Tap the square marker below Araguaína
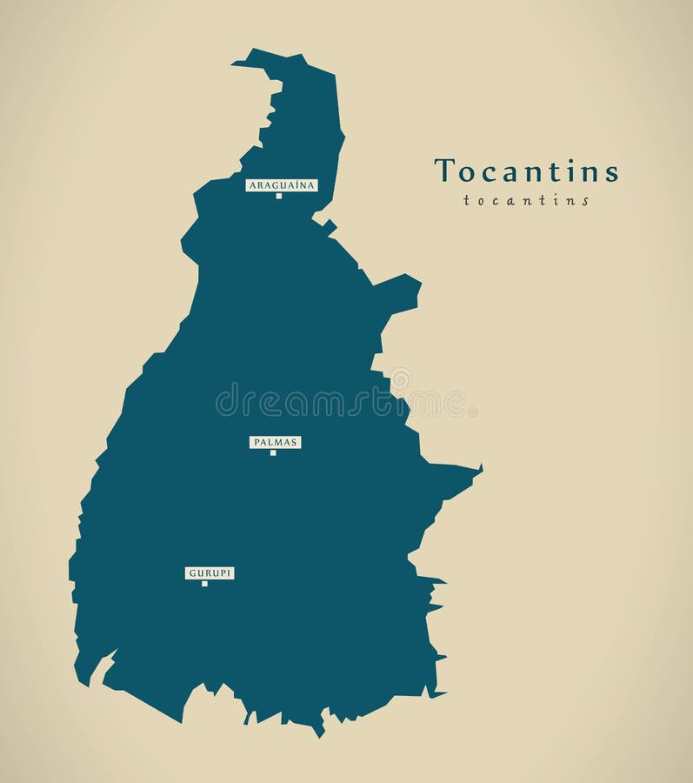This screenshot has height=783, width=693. tap(279, 196)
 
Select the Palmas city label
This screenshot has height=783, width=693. tap(276, 442)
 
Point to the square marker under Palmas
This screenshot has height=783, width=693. tap(273, 452)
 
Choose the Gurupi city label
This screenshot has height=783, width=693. tap(210, 572)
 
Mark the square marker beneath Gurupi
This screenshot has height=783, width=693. tap(204, 584)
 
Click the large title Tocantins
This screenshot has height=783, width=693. tap(526, 171)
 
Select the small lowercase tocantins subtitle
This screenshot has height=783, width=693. tap(526, 201)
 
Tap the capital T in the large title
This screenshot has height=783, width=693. tap(444, 171)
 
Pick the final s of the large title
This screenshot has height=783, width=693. tap(612, 173)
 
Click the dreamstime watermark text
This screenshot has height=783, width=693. tap(340, 402)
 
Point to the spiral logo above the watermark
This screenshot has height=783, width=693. tap(401, 378)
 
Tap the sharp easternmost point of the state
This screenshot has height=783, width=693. tap(481, 468)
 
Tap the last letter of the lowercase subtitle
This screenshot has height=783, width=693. tap(586, 201)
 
